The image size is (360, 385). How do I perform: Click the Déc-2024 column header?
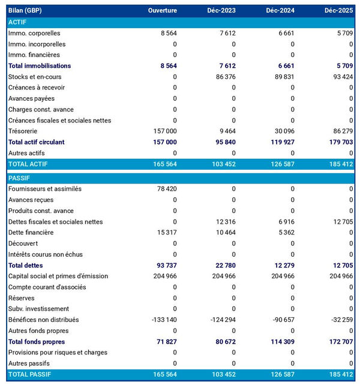tap(280, 11)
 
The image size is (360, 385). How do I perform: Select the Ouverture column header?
tap(162, 11)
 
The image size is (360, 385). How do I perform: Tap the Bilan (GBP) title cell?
tap(25, 11)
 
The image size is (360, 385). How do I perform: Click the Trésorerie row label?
tap(24, 131)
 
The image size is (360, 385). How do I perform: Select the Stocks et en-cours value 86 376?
tap(225, 77)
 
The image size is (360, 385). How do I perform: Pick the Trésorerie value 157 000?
tap(164, 131)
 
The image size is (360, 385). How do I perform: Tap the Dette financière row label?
tap(31, 233)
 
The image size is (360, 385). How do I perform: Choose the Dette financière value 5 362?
tap(286, 233)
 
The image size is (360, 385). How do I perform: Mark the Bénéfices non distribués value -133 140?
tap(163, 320)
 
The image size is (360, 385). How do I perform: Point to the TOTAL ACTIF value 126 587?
tap(281, 164)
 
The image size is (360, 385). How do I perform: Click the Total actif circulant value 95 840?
tap(224, 142)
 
